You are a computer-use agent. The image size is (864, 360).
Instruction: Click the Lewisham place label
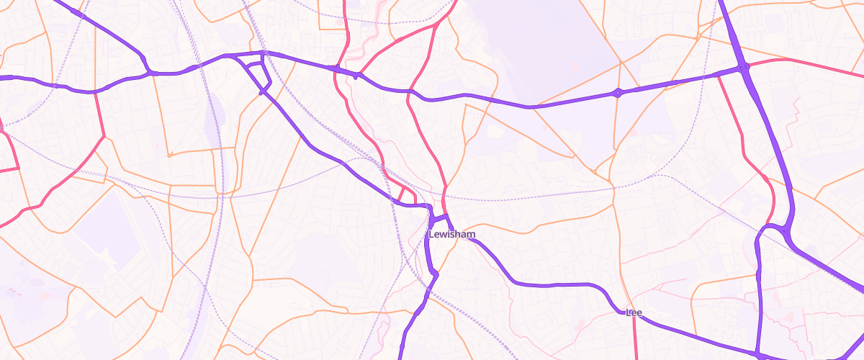point(451,235)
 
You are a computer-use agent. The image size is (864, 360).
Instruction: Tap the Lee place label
point(634,312)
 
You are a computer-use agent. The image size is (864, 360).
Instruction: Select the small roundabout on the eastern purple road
point(617,93)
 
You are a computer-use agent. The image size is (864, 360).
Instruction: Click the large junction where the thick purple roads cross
point(743,68)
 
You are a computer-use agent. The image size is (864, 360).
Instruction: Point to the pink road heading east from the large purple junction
point(806,63)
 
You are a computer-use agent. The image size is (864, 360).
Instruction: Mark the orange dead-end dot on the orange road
point(169,154)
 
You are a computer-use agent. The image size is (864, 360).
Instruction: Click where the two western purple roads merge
point(150,71)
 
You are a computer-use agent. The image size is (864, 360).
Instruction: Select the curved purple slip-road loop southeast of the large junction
point(774,229)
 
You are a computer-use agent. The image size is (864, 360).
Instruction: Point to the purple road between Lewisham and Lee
point(547,284)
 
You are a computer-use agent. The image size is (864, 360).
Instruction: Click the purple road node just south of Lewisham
point(434,274)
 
